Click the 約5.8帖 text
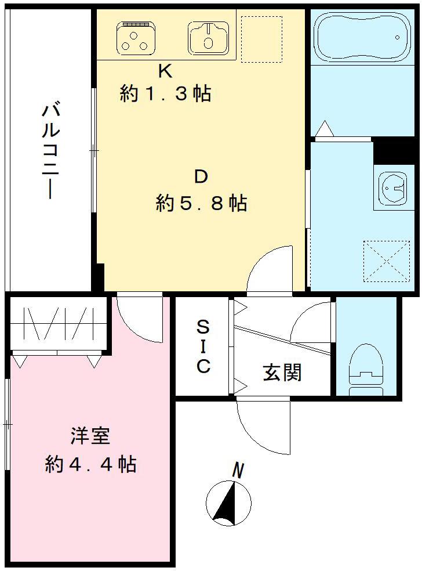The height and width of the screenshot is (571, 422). point(201,203)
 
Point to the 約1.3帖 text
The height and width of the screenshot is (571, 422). point(165,93)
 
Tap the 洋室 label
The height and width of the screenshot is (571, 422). point(90,436)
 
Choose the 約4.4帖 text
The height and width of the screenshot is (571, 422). point(90,464)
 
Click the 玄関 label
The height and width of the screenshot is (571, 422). point(282,372)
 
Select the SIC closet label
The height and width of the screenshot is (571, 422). point(202,346)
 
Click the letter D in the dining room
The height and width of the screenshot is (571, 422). point(201,177)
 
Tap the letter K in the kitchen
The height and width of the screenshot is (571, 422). point(165,71)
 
